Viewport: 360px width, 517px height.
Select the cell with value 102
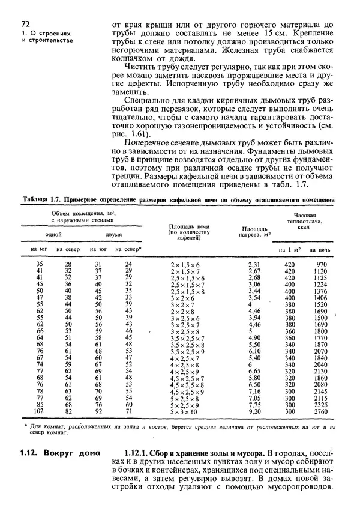[x=40, y=411]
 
